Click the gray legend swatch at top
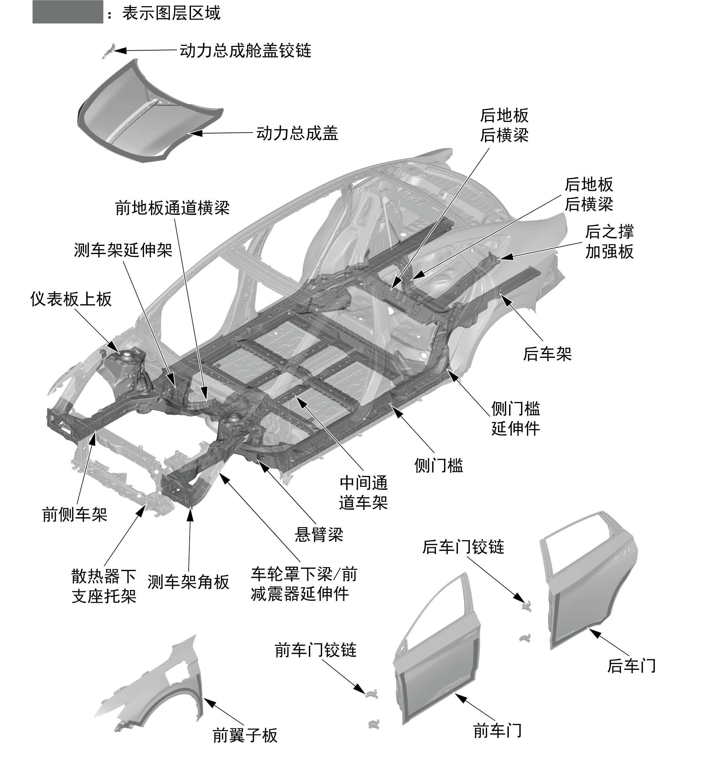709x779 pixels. click(68, 12)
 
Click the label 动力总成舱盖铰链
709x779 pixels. click(245, 51)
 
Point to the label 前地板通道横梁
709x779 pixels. click(172, 208)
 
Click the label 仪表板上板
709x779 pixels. click(71, 299)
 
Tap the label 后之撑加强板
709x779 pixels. click(609, 242)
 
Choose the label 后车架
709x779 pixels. click(547, 354)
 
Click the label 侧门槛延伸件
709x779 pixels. click(515, 418)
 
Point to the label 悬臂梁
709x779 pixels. click(318, 535)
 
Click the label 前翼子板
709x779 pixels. click(245, 735)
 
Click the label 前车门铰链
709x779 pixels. click(315, 650)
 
